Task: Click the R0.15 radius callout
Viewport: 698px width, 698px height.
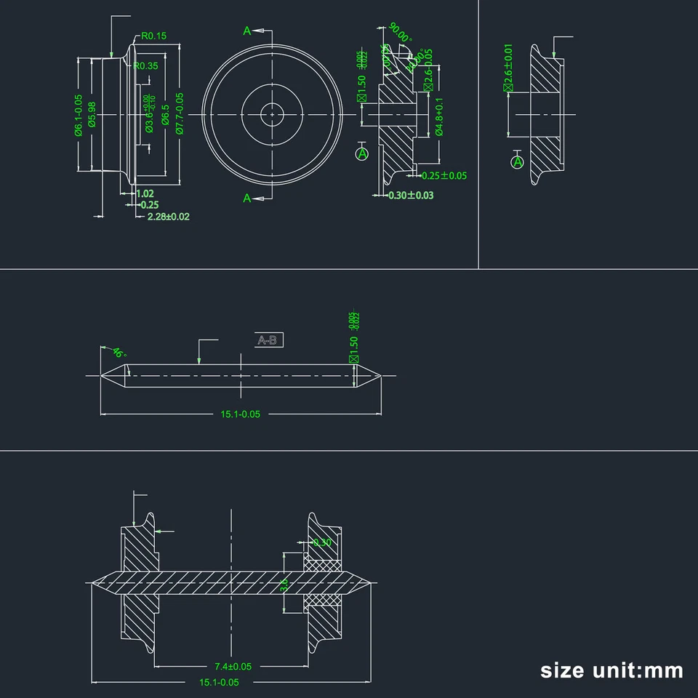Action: [x=154, y=36]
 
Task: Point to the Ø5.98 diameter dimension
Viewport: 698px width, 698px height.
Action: [x=92, y=114]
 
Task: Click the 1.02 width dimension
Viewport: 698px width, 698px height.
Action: [x=145, y=193]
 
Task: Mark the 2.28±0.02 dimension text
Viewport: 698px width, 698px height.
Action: [x=168, y=217]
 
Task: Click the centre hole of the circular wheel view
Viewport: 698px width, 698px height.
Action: [x=271, y=113]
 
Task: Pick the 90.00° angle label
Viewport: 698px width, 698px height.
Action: [x=399, y=33]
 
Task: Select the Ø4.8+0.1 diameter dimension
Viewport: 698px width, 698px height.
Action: [x=439, y=121]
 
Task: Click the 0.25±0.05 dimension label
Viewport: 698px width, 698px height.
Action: [x=444, y=175]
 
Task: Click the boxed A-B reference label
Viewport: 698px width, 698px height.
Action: [x=269, y=340]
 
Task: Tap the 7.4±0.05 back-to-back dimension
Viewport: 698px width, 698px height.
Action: [x=233, y=666]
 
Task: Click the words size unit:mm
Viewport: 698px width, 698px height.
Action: [x=611, y=670]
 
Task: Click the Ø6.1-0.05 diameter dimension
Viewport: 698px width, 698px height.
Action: [x=78, y=114]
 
